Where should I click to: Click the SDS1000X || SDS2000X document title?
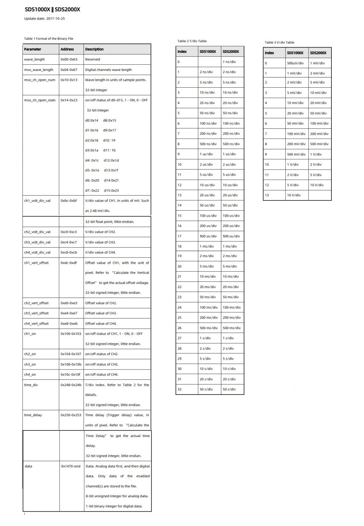coord(52,10)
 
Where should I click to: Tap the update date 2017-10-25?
coord(44,18)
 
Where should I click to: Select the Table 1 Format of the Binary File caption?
coord(49,39)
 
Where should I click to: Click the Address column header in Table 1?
coord(67,49)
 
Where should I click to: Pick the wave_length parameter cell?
coord(34,59)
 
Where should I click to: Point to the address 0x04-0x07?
coord(69,70)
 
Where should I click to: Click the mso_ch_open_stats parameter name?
coord(40,100)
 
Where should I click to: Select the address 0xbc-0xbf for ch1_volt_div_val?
coord(68,201)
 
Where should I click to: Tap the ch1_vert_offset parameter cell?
coord(36,263)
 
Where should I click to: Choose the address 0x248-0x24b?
coord(71,385)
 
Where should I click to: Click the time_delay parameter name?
coord(33,415)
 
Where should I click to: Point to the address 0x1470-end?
coord(71,466)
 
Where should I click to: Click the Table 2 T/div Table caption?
coord(192,41)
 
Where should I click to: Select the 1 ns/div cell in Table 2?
coord(229,62)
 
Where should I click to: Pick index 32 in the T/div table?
coord(179,389)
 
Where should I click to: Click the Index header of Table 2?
coord(182,52)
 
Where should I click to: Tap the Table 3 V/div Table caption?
coord(279,42)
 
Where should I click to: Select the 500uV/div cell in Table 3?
coord(295,63)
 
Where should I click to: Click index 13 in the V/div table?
coord(267,195)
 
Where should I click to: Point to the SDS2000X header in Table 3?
coord(318,53)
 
